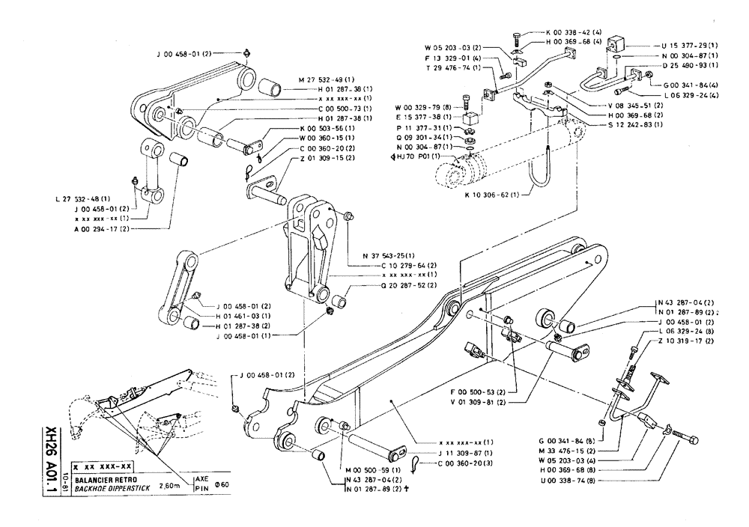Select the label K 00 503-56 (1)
click(301, 128)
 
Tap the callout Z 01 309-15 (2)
click(301, 158)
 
